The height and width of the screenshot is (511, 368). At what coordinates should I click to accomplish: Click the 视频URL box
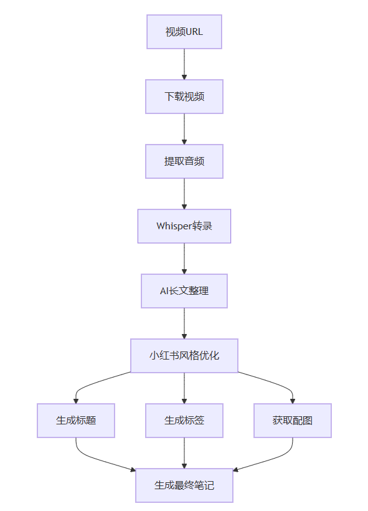[184, 32]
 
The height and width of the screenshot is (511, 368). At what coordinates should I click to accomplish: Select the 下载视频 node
[184, 97]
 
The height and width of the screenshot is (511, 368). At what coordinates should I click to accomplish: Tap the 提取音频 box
[184, 161]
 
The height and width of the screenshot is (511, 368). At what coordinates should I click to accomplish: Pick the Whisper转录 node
[184, 226]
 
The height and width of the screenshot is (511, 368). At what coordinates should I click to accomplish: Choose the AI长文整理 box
[184, 290]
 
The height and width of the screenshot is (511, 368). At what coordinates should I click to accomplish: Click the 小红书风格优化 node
[184, 356]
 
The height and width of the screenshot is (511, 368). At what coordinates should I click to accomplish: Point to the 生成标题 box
[76, 421]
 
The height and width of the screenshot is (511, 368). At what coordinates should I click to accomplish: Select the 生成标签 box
[184, 421]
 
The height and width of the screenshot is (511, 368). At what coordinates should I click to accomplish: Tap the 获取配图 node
[293, 421]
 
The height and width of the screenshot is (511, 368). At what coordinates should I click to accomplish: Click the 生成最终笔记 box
[184, 485]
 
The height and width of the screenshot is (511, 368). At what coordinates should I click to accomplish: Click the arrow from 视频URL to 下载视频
[184, 64]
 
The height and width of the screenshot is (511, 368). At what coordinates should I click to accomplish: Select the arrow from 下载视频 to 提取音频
[184, 129]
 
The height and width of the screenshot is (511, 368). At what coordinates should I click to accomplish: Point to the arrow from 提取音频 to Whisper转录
[184, 194]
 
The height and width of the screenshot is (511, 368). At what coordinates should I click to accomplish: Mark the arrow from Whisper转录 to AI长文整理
[184, 259]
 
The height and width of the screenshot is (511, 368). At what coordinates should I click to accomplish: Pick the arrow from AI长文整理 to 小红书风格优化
[184, 323]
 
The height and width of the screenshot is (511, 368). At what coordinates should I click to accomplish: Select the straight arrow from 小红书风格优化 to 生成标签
[184, 388]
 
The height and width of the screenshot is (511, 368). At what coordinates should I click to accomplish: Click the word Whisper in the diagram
[174, 226]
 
